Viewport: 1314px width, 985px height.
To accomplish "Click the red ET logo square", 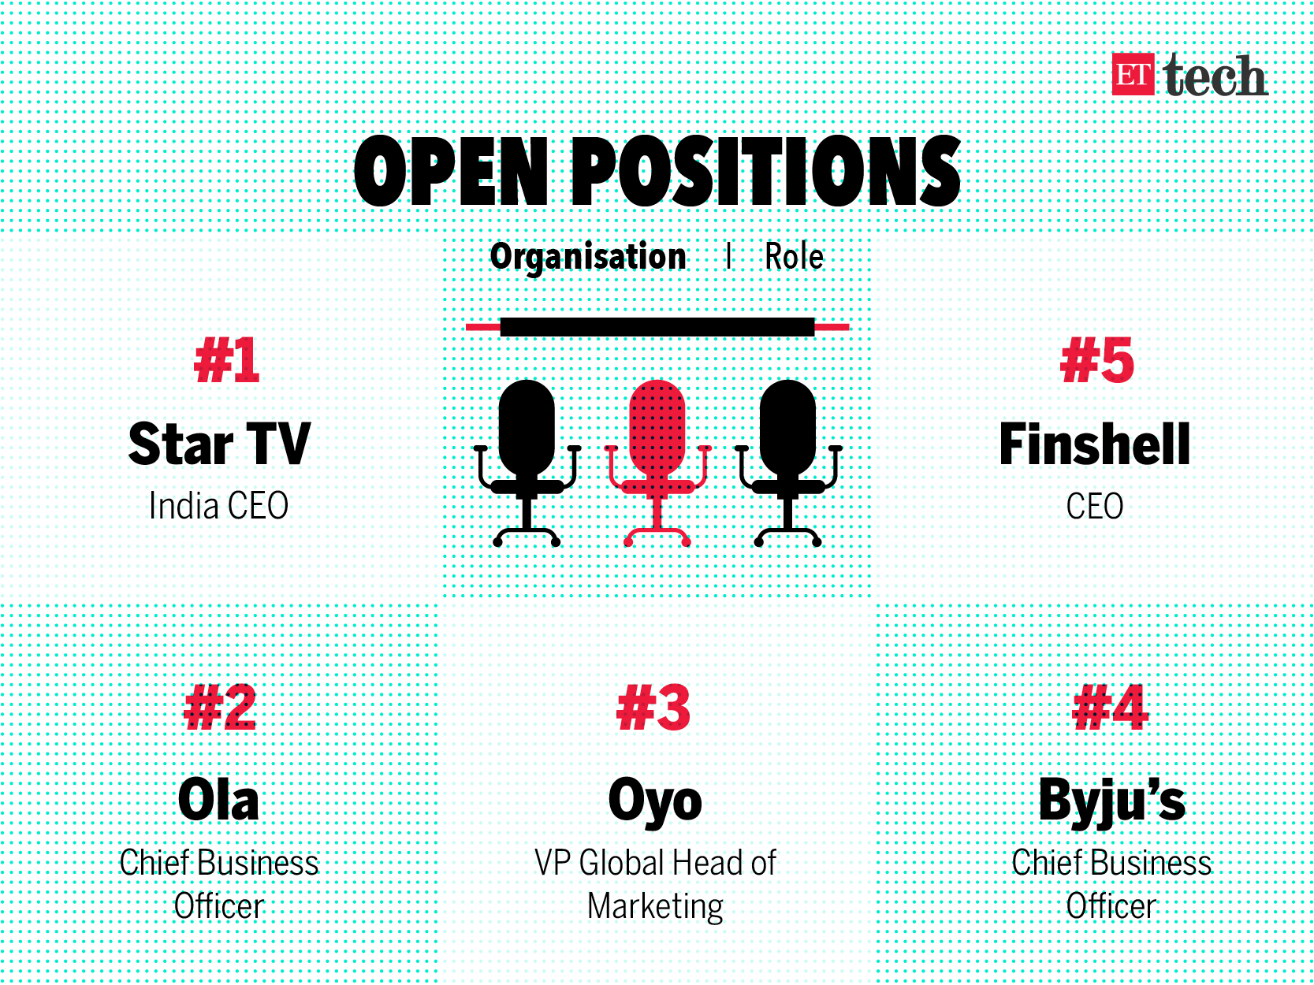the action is [x=1133, y=74].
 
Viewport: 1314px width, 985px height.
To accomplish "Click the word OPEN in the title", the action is [x=451, y=171].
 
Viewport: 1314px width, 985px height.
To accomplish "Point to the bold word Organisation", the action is [x=588, y=257].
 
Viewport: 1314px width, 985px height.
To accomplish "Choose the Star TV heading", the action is [x=219, y=444].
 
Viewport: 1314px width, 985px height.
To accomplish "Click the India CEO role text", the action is [x=218, y=506].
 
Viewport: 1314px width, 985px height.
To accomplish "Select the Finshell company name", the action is [x=1094, y=444].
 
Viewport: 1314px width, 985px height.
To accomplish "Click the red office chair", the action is [x=657, y=463].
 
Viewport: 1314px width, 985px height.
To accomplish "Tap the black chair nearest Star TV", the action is [x=527, y=463].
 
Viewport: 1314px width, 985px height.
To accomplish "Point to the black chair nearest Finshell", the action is [x=787, y=463].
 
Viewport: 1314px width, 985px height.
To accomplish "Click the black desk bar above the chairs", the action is [x=657, y=327].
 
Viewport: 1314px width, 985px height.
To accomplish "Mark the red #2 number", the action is [x=220, y=708].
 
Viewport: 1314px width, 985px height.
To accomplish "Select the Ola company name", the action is [x=218, y=800].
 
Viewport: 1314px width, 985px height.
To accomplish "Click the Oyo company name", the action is [x=656, y=802].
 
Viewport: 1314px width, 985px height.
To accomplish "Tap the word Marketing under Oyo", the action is [x=656, y=907].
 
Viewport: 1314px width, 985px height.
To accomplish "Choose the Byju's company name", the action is [x=1111, y=802].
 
